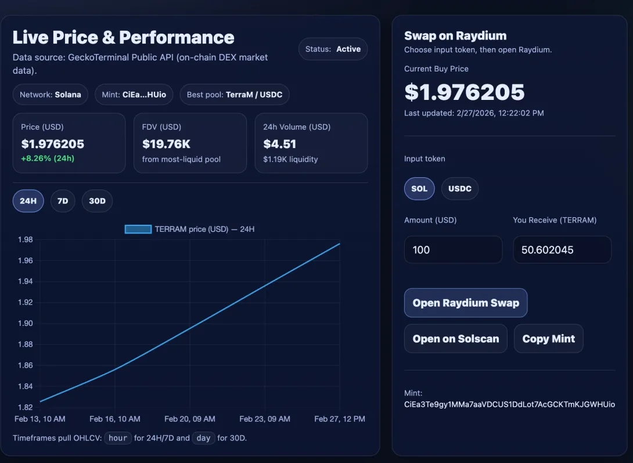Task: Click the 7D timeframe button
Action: tap(63, 201)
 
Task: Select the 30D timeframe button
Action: tap(97, 201)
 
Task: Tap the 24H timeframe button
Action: tap(28, 201)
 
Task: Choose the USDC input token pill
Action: tap(460, 188)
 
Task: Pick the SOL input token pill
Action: tap(419, 188)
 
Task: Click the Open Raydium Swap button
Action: tap(466, 303)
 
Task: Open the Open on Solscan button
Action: tap(456, 339)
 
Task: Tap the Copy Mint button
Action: tap(549, 339)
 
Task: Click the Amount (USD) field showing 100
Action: tap(454, 250)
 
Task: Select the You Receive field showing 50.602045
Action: tap(562, 250)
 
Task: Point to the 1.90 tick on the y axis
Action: tap(25, 324)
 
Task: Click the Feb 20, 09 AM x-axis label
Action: tap(190, 419)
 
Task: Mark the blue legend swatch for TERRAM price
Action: tap(138, 229)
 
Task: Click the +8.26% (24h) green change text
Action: tap(48, 158)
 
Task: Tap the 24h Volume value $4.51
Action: tap(280, 143)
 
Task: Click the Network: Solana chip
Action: tap(51, 95)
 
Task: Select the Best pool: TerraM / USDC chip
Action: tap(235, 95)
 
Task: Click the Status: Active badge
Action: tap(333, 49)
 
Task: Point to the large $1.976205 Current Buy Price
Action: tap(464, 92)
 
